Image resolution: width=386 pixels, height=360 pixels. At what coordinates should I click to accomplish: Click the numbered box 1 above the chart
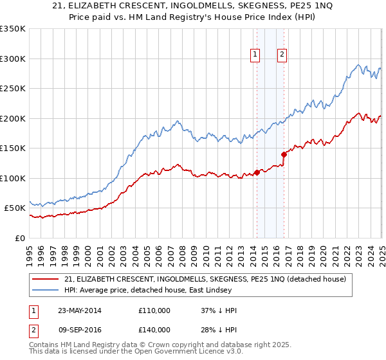pos(256,55)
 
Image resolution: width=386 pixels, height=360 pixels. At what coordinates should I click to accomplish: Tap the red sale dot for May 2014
pos(257,172)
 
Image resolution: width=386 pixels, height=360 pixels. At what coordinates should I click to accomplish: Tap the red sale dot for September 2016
pos(284,154)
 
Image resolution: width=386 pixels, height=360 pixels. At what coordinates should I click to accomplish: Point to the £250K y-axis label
pos(13,88)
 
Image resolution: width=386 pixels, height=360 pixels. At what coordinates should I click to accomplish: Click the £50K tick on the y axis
pos(15,208)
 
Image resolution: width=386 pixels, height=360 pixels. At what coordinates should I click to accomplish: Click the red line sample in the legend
pos(46,279)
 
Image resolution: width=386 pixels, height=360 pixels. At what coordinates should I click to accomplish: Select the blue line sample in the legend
pos(46,291)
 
